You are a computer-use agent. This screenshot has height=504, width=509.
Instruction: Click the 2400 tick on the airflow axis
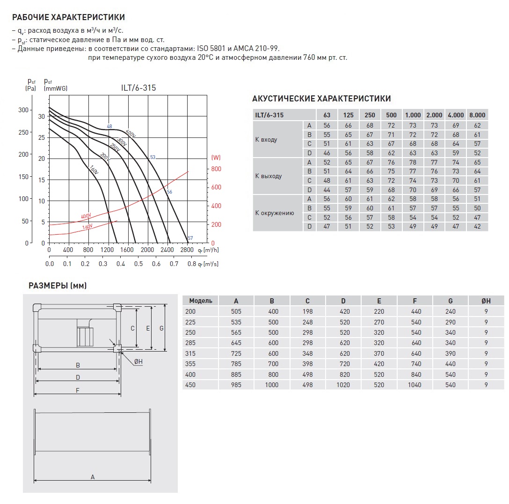click(167, 250)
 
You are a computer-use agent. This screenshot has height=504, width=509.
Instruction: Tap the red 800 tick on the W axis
click(216, 169)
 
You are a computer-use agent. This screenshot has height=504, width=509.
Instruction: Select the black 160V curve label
click(94, 171)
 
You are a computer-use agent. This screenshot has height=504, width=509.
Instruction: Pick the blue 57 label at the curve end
click(190, 238)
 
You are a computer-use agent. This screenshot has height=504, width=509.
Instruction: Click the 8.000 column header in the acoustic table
click(477, 115)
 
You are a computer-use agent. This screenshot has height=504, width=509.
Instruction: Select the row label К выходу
click(269, 176)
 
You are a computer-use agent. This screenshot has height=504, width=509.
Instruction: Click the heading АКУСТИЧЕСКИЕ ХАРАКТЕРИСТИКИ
click(321, 99)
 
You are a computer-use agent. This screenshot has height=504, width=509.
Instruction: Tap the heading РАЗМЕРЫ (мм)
click(58, 286)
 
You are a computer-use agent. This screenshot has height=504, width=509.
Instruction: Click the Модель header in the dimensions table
click(200, 301)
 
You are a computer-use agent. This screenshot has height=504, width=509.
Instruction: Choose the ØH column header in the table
click(486, 301)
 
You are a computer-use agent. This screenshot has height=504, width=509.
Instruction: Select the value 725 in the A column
click(236, 353)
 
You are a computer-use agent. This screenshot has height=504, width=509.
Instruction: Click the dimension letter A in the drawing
click(93, 477)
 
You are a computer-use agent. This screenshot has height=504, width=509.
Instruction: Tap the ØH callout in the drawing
click(138, 363)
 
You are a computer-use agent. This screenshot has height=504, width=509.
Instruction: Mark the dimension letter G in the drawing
click(161, 328)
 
